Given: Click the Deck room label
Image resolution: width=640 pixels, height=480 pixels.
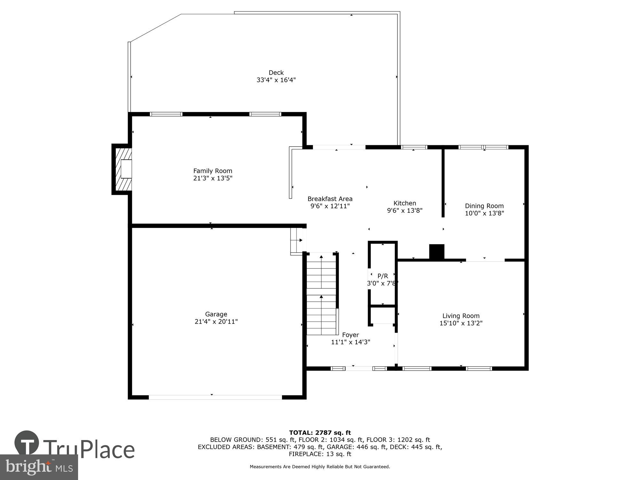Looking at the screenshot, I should [276, 73].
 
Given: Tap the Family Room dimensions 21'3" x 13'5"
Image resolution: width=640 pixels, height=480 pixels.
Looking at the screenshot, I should [212, 178].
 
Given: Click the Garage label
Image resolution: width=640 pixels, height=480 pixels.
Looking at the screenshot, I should [216, 314].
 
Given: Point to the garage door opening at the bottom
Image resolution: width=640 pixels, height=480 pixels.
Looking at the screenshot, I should [215, 397].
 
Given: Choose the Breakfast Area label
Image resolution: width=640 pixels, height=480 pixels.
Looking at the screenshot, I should [330, 199].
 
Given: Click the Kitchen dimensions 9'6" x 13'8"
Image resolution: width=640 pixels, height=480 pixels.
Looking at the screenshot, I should [404, 211].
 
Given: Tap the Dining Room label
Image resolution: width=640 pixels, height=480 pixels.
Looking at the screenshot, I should [484, 206].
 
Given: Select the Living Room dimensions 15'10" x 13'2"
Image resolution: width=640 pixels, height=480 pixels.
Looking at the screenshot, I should [461, 323].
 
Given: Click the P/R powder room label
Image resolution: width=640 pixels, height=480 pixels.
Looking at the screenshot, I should [383, 276].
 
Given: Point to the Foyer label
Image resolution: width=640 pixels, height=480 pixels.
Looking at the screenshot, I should [350, 335].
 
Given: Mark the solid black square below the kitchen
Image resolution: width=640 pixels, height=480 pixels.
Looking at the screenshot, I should [436, 252].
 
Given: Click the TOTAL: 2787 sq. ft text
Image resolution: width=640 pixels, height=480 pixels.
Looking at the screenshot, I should [320, 433].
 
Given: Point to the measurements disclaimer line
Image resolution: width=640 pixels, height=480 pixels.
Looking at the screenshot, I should [320, 467].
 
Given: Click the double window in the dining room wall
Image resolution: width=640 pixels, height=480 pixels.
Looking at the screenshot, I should [483, 147].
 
